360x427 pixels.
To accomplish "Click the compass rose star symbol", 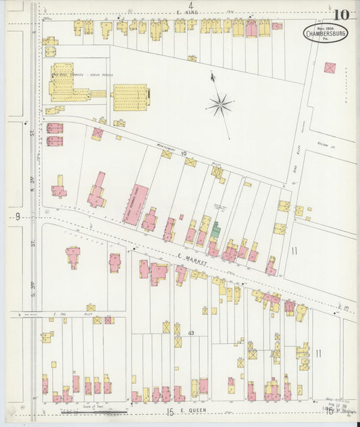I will click(x=220, y=103).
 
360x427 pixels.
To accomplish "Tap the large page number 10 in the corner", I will click(x=340, y=15).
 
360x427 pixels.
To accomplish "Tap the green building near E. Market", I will click(x=216, y=230).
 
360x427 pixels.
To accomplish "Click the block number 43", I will click(x=191, y=333).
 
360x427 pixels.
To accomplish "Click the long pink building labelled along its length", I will click(x=140, y=203).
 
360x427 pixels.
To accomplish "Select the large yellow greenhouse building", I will click(x=130, y=96).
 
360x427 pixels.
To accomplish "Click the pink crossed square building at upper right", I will click(x=330, y=68).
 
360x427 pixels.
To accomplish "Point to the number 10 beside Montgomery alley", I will click(x=183, y=153).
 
